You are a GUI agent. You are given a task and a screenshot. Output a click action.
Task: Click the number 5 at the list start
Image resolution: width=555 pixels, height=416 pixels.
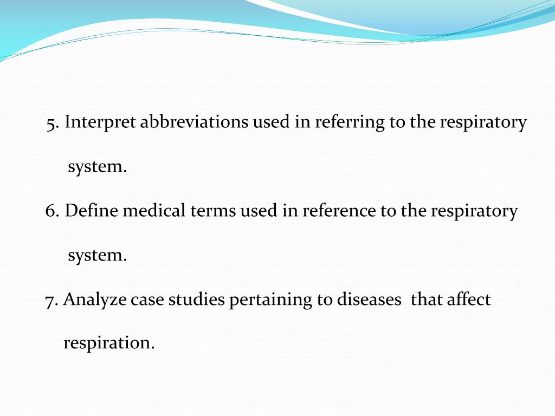point(51,123)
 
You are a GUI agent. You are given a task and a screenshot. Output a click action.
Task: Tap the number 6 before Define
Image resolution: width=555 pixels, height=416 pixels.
point(51,211)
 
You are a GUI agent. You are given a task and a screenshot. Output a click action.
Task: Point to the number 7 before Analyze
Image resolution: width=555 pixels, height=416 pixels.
point(50,300)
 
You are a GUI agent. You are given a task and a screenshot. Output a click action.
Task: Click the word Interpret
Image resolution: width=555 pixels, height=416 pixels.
point(100,123)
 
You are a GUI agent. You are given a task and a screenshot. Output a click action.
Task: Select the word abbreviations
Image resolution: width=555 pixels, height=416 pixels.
point(195,122)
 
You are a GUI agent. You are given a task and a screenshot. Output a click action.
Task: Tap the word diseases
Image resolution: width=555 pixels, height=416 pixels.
point(369,300)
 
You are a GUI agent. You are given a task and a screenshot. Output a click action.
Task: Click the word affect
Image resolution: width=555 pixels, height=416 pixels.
point(469,300)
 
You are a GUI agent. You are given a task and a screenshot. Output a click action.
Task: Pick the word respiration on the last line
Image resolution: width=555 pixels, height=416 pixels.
point(109,343)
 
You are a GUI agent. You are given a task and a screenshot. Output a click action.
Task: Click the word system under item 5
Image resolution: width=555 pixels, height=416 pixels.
point(97,167)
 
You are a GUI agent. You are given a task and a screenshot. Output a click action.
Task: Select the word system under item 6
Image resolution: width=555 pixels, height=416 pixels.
point(97,255)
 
